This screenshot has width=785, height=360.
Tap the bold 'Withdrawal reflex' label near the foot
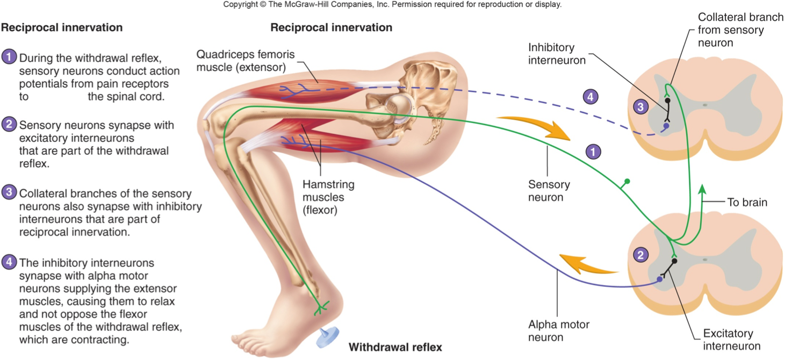[x=395, y=347]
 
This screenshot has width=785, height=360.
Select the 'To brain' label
[x=747, y=203]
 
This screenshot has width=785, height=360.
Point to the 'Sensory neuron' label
[x=549, y=191]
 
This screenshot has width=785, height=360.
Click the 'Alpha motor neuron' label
[x=558, y=331]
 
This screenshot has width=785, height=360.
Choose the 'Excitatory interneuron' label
[x=731, y=340]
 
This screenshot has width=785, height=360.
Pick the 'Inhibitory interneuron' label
[x=557, y=54]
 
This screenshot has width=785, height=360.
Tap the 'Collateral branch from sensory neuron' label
[x=740, y=30]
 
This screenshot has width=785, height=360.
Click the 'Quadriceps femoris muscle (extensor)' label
[x=246, y=61]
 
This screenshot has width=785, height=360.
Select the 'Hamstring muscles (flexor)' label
[x=328, y=197]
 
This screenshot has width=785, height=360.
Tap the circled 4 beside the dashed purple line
[x=590, y=97]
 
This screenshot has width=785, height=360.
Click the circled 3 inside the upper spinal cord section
[x=640, y=107]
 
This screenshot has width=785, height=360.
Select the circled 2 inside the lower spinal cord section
[x=639, y=255]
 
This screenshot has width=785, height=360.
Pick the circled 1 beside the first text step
[x=9, y=57]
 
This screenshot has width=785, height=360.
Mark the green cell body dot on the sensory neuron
[x=627, y=182]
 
